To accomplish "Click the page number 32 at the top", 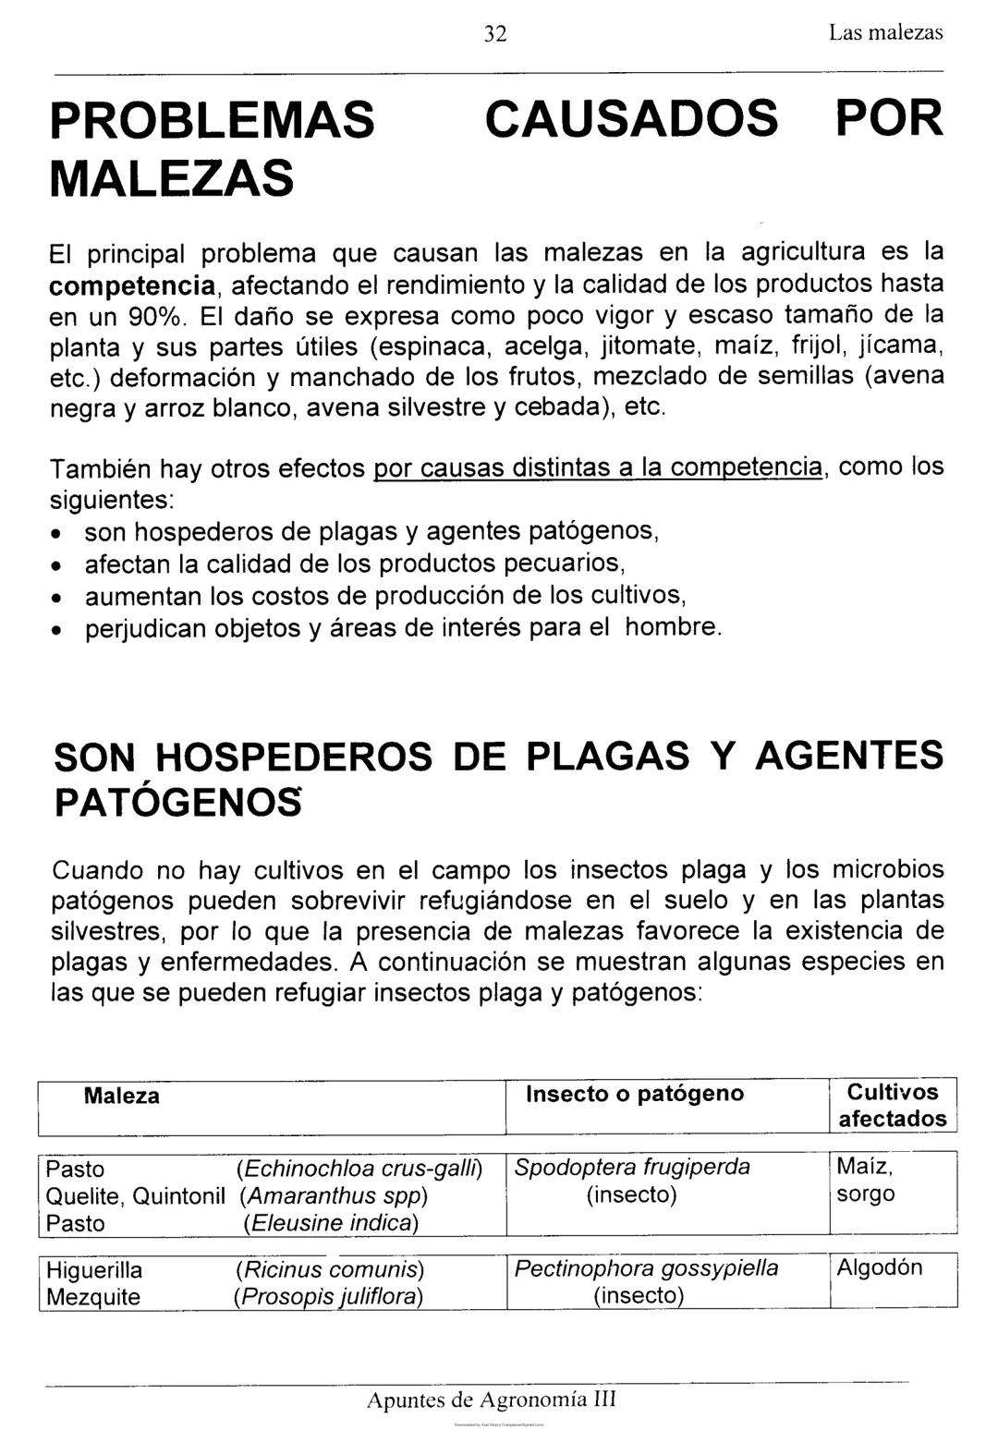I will click(x=496, y=34).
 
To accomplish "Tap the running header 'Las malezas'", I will click(x=885, y=33).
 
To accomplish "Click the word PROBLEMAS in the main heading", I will click(x=213, y=120).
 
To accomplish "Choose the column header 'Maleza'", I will click(x=121, y=1096).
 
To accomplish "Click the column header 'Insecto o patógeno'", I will click(x=634, y=1094).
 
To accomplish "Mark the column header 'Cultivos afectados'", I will click(x=893, y=1106).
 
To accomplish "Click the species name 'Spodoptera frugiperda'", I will click(x=632, y=1167).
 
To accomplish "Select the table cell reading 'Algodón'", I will click(x=879, y=1267).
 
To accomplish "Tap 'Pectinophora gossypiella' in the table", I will click(x=646, y=1268).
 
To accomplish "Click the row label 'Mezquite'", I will click(x=93, y=1297).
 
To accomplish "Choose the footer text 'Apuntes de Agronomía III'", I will click(x=491, y=1400).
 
